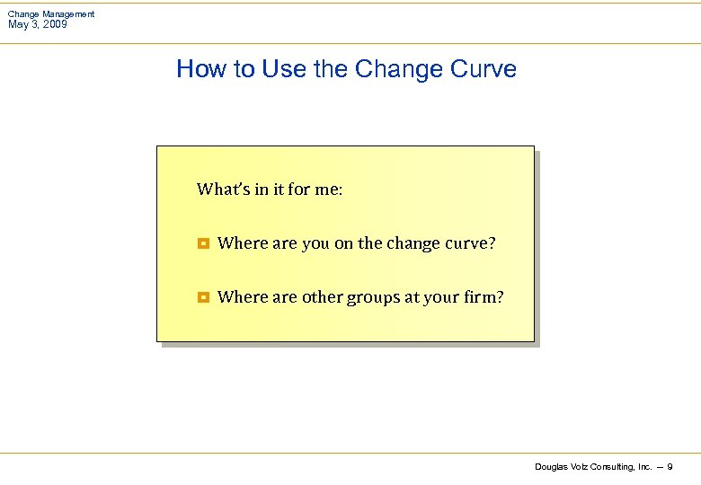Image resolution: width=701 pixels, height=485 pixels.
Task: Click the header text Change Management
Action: point(51,14)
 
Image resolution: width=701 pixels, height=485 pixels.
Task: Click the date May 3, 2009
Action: point(37,24)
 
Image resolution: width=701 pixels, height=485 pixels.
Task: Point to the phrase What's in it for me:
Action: point(270,189)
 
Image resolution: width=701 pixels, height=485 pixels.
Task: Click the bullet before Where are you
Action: point(203,243)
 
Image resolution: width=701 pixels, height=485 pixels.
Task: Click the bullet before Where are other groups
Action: point(203,297)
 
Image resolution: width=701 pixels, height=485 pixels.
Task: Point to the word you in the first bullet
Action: point(315,243)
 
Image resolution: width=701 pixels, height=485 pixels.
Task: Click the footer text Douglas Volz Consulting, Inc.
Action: point(593,466)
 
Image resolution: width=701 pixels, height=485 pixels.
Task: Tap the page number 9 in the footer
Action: point(670,466)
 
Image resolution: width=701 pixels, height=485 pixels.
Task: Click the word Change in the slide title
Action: point(391,69)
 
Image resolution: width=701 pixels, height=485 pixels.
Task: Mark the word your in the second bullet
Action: point(439,297)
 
